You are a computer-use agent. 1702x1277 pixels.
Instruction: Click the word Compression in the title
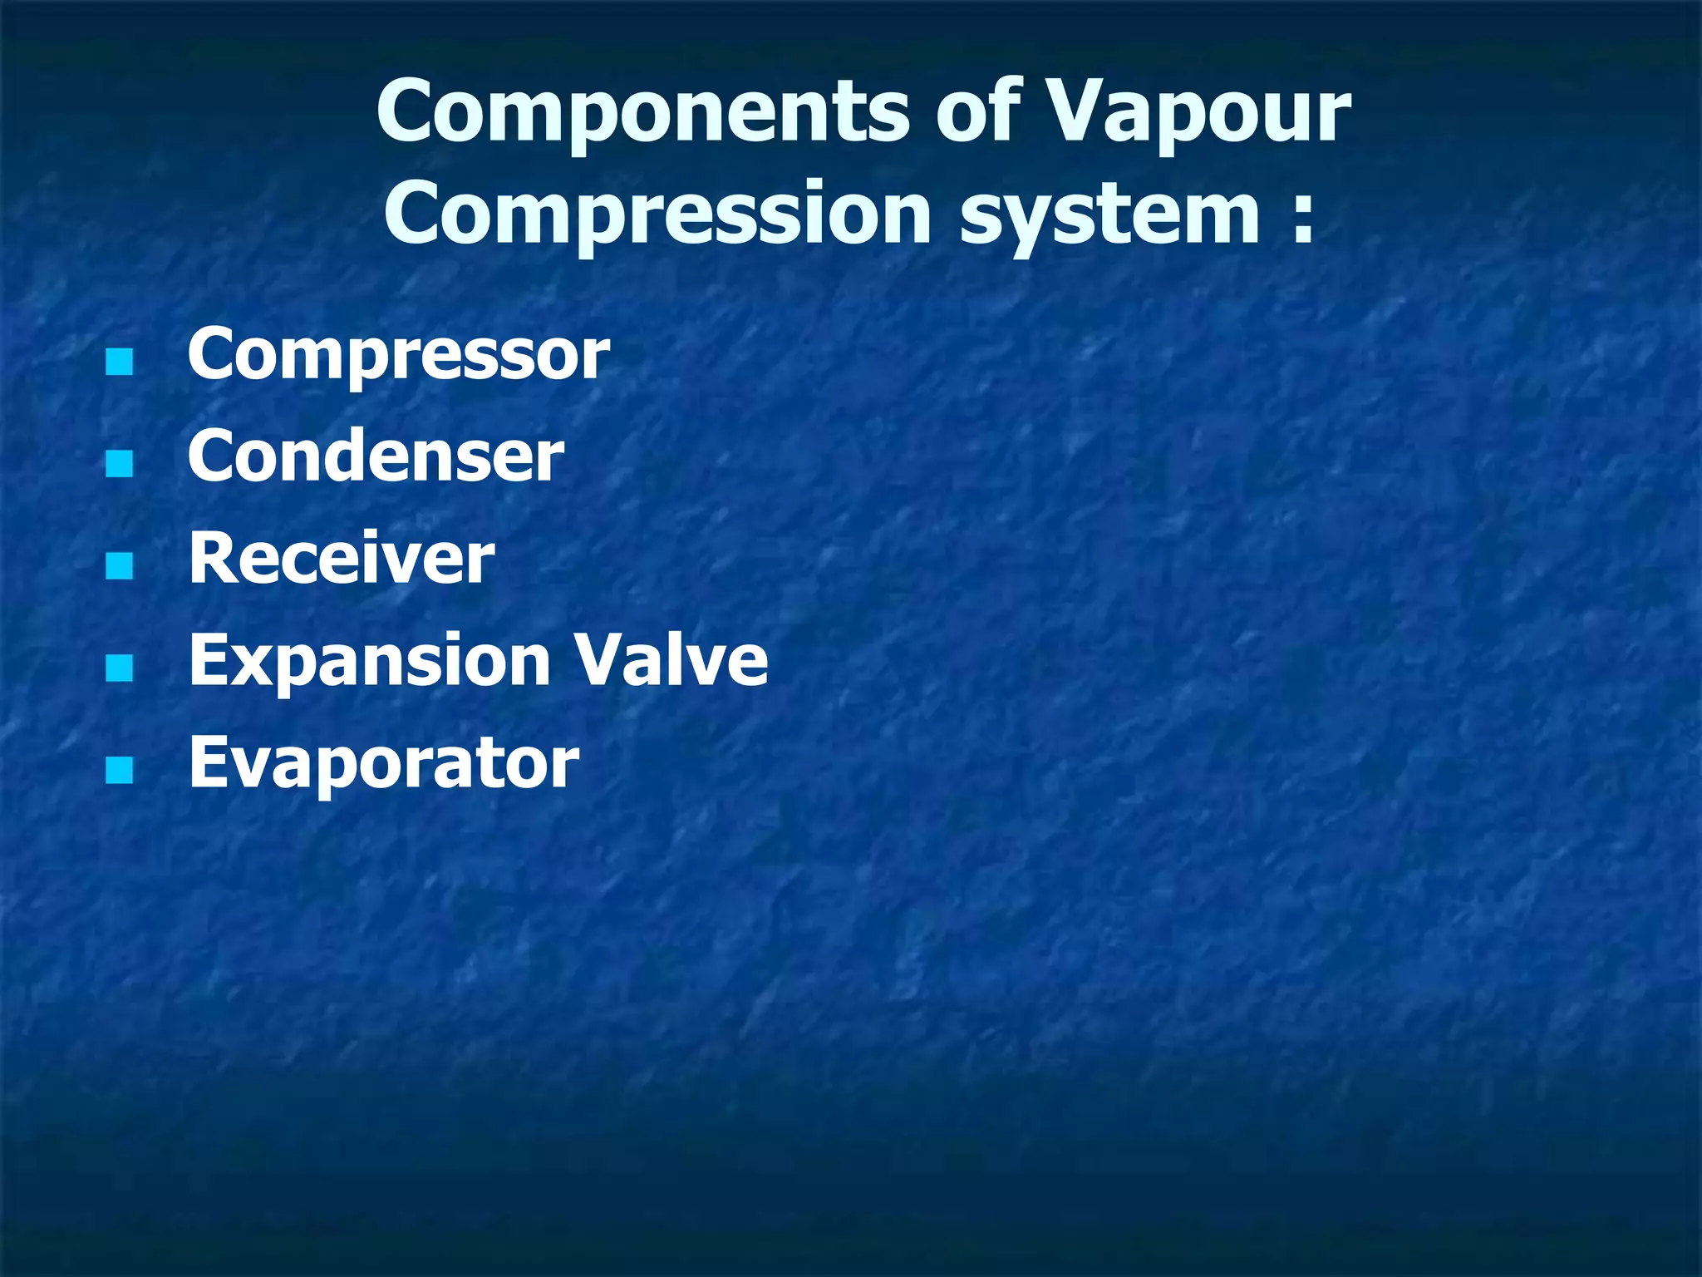[x=657, y=215]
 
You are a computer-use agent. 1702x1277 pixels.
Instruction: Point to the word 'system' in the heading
[x=1109, y=215]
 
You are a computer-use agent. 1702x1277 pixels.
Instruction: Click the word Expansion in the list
[x=370, y=661]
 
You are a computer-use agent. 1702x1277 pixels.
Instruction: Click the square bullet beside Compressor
[x=120, y=362]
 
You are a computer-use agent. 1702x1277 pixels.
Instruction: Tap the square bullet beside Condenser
[x=120, y=464]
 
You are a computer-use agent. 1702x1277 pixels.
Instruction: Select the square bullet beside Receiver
[x=120, y=566]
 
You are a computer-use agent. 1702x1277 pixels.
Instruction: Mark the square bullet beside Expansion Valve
[x=120, y=668]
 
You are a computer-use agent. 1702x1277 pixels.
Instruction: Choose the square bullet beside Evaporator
[x=120, y=771]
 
